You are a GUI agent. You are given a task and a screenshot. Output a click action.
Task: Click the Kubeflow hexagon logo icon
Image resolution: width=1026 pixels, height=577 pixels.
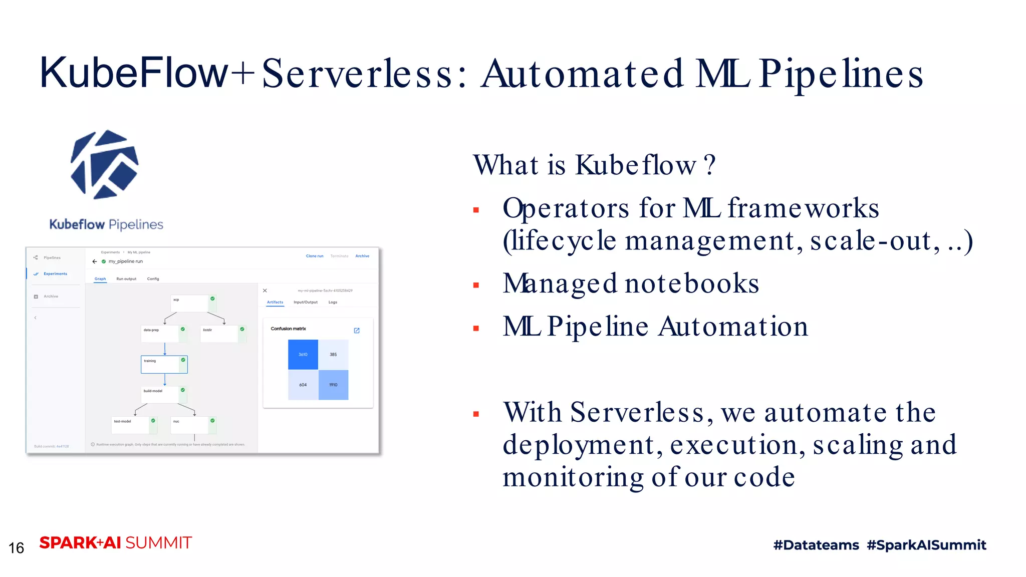tap(105, 165)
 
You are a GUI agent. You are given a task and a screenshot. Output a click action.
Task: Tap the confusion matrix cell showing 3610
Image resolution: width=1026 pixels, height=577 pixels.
tap(303, 354)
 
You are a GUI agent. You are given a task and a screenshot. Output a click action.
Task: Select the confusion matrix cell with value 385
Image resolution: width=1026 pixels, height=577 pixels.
tap(333, 354)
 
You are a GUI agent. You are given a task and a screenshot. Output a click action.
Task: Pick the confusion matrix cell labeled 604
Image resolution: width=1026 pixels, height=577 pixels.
tap(303, 385)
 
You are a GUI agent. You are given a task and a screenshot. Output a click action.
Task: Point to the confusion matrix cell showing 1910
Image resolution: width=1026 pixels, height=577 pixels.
tap(333, 385)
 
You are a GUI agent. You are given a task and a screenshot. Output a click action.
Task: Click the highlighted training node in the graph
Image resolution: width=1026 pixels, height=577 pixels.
tap(164, 364)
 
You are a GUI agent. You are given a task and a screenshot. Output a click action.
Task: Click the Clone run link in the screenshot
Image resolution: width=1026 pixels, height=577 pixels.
tap(315, 256)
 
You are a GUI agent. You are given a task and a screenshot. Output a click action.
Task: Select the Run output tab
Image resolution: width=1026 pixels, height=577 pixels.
tap(126, 279)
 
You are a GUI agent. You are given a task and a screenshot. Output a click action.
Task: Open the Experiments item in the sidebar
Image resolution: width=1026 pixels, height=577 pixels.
tap(55, 274)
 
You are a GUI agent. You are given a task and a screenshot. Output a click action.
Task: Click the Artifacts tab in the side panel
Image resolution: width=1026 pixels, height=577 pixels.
tap(275, 303)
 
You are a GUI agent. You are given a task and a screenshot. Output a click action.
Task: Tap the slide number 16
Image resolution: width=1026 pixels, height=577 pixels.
tap(17, 548)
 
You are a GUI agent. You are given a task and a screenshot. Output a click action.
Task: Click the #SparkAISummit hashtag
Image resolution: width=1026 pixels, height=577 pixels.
tap(926, 545)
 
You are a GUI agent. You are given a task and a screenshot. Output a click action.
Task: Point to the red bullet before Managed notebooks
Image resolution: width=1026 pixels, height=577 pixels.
tap(476, 285)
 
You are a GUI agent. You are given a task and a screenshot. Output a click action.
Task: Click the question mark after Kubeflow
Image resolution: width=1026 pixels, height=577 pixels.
tap(709, 165)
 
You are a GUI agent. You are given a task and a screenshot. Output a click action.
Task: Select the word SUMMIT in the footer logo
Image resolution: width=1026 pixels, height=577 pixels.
tap(158, 543)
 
